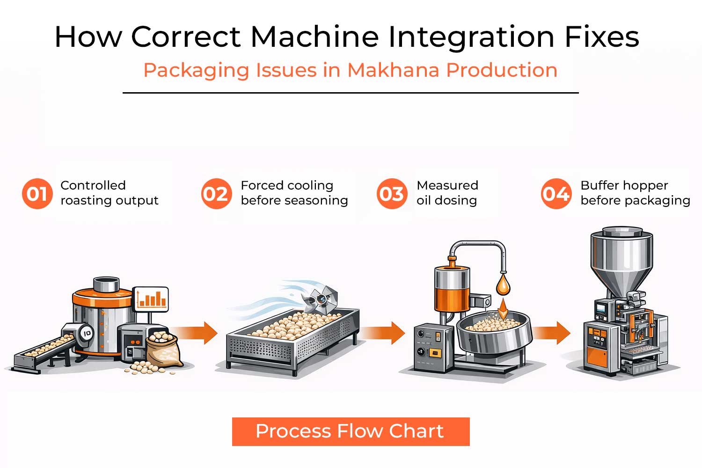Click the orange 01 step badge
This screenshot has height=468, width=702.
point(37,194)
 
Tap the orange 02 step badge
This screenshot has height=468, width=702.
point(216,194)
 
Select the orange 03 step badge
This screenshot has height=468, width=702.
point(392,194)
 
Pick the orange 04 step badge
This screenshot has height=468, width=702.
point(556,194)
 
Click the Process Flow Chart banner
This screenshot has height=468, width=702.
point(351,431)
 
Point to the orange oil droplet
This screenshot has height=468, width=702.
point(503,284)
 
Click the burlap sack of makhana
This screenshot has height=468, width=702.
point(164,349)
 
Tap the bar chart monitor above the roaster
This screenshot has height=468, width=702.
point(151,299)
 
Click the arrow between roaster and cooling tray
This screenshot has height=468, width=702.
point(197,333)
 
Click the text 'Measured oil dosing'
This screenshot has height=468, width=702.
point(447,193)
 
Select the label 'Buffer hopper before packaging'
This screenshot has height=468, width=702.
point(635,193)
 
